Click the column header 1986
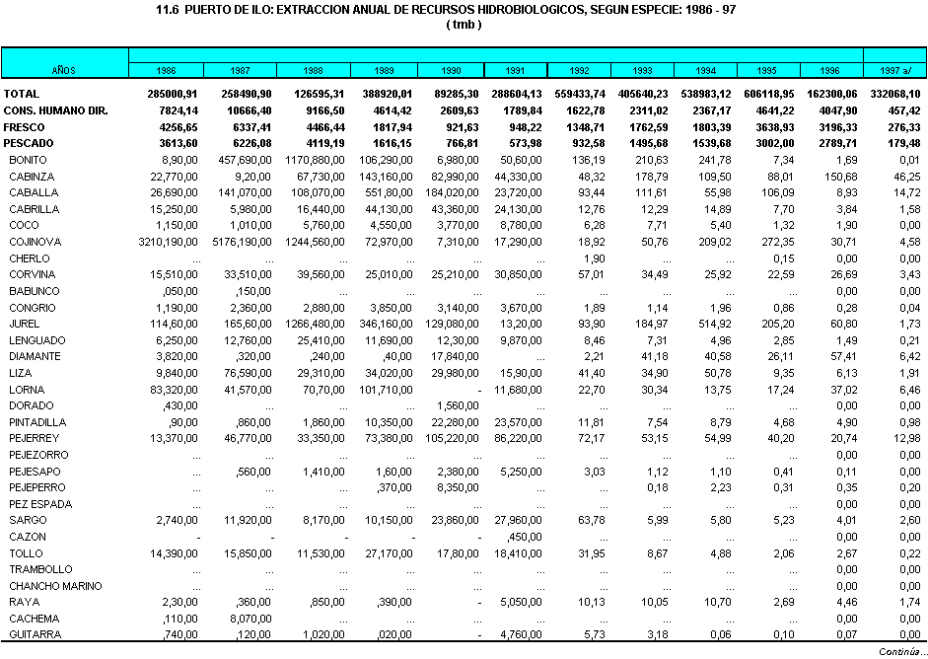166,70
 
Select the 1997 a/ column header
895,70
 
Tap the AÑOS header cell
64,70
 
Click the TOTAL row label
21,93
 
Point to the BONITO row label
28,159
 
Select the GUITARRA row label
33,634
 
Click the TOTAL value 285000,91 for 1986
173,93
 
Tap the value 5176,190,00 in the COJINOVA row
237,241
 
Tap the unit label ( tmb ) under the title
464,24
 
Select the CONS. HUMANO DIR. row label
54,110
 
